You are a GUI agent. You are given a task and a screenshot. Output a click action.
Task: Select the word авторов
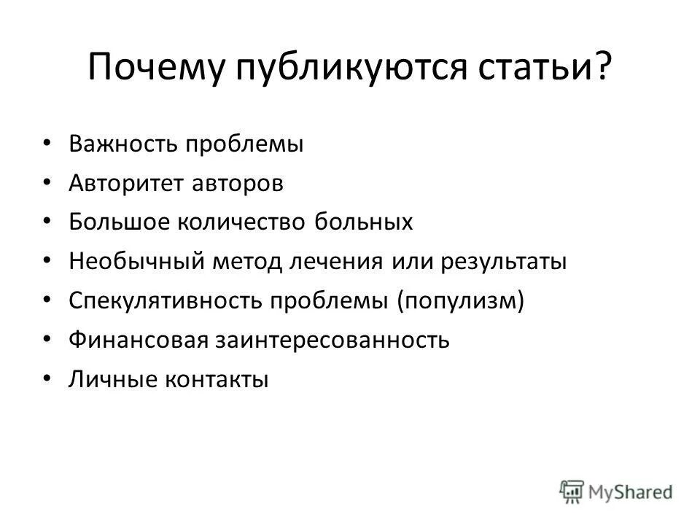pyautogui.click(x=238, y=182)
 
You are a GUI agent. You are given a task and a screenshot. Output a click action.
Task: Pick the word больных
pyautogui.click(x=364, y=222)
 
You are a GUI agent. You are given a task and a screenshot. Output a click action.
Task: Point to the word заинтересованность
pyautogui.click(x=331, y=340)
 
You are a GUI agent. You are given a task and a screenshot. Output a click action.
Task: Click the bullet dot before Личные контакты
pyautogui.click(x=47, y=378)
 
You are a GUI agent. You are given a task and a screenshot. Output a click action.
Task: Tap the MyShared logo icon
pyautogui.click(x=572, y=491)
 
